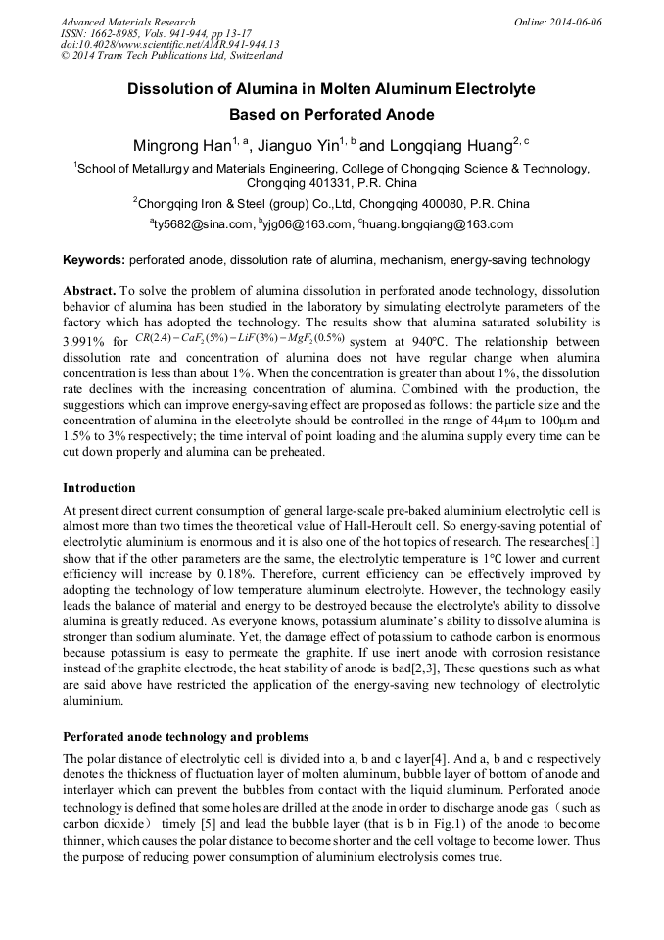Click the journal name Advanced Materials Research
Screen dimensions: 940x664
127,22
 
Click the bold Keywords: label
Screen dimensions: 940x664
94,260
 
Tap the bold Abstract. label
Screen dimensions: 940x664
90,292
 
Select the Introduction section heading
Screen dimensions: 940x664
99,487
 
